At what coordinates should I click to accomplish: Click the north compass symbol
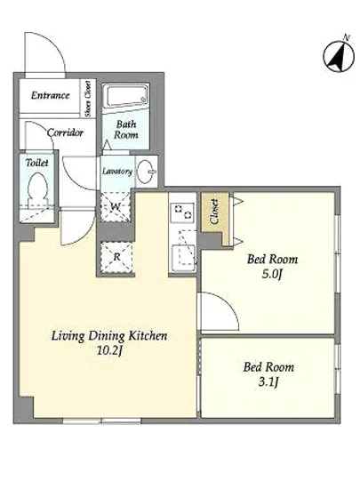pos(339,55)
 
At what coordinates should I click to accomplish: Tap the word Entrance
pos(50,95)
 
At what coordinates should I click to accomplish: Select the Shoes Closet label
pos(88,99)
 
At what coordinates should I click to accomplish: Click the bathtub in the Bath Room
pos(125,95)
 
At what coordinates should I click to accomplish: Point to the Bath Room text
pos(126,130)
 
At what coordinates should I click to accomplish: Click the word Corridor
pos(65,132)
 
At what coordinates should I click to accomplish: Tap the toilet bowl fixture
pos(37,190)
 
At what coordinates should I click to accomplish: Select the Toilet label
pos(37,163)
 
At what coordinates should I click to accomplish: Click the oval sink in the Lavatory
pos(147,171)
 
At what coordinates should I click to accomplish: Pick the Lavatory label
pos(117,172)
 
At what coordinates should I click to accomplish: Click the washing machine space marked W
pos(116,206)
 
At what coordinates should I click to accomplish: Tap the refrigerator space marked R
pos(116,257)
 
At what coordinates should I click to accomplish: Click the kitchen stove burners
pos(182,212)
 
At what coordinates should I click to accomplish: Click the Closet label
pos(215,212)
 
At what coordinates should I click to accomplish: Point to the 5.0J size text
pos(272,275)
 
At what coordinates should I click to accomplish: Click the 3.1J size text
pos(268,381)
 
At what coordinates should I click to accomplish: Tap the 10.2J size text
pos(108,351)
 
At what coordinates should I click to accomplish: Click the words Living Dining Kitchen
pos(109,336)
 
